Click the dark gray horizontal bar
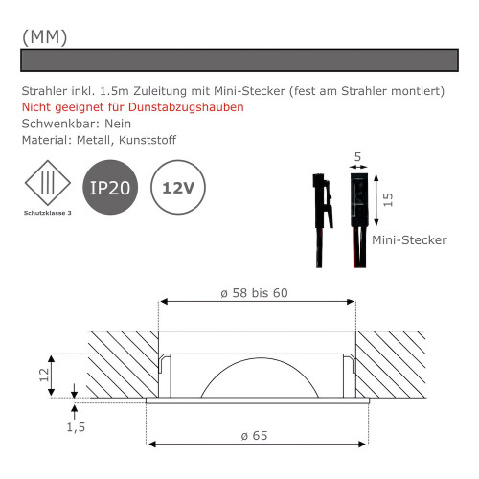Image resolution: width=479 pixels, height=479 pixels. [239, 59]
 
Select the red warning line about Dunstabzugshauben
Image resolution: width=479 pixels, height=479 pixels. [132, 106]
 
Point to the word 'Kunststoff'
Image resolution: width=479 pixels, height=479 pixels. [145, 141]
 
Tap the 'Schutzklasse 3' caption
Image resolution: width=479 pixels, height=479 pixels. [46, 212]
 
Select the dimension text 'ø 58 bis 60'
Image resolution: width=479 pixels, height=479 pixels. [254, 292]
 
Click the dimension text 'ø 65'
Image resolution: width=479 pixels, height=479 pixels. [254, 435]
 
